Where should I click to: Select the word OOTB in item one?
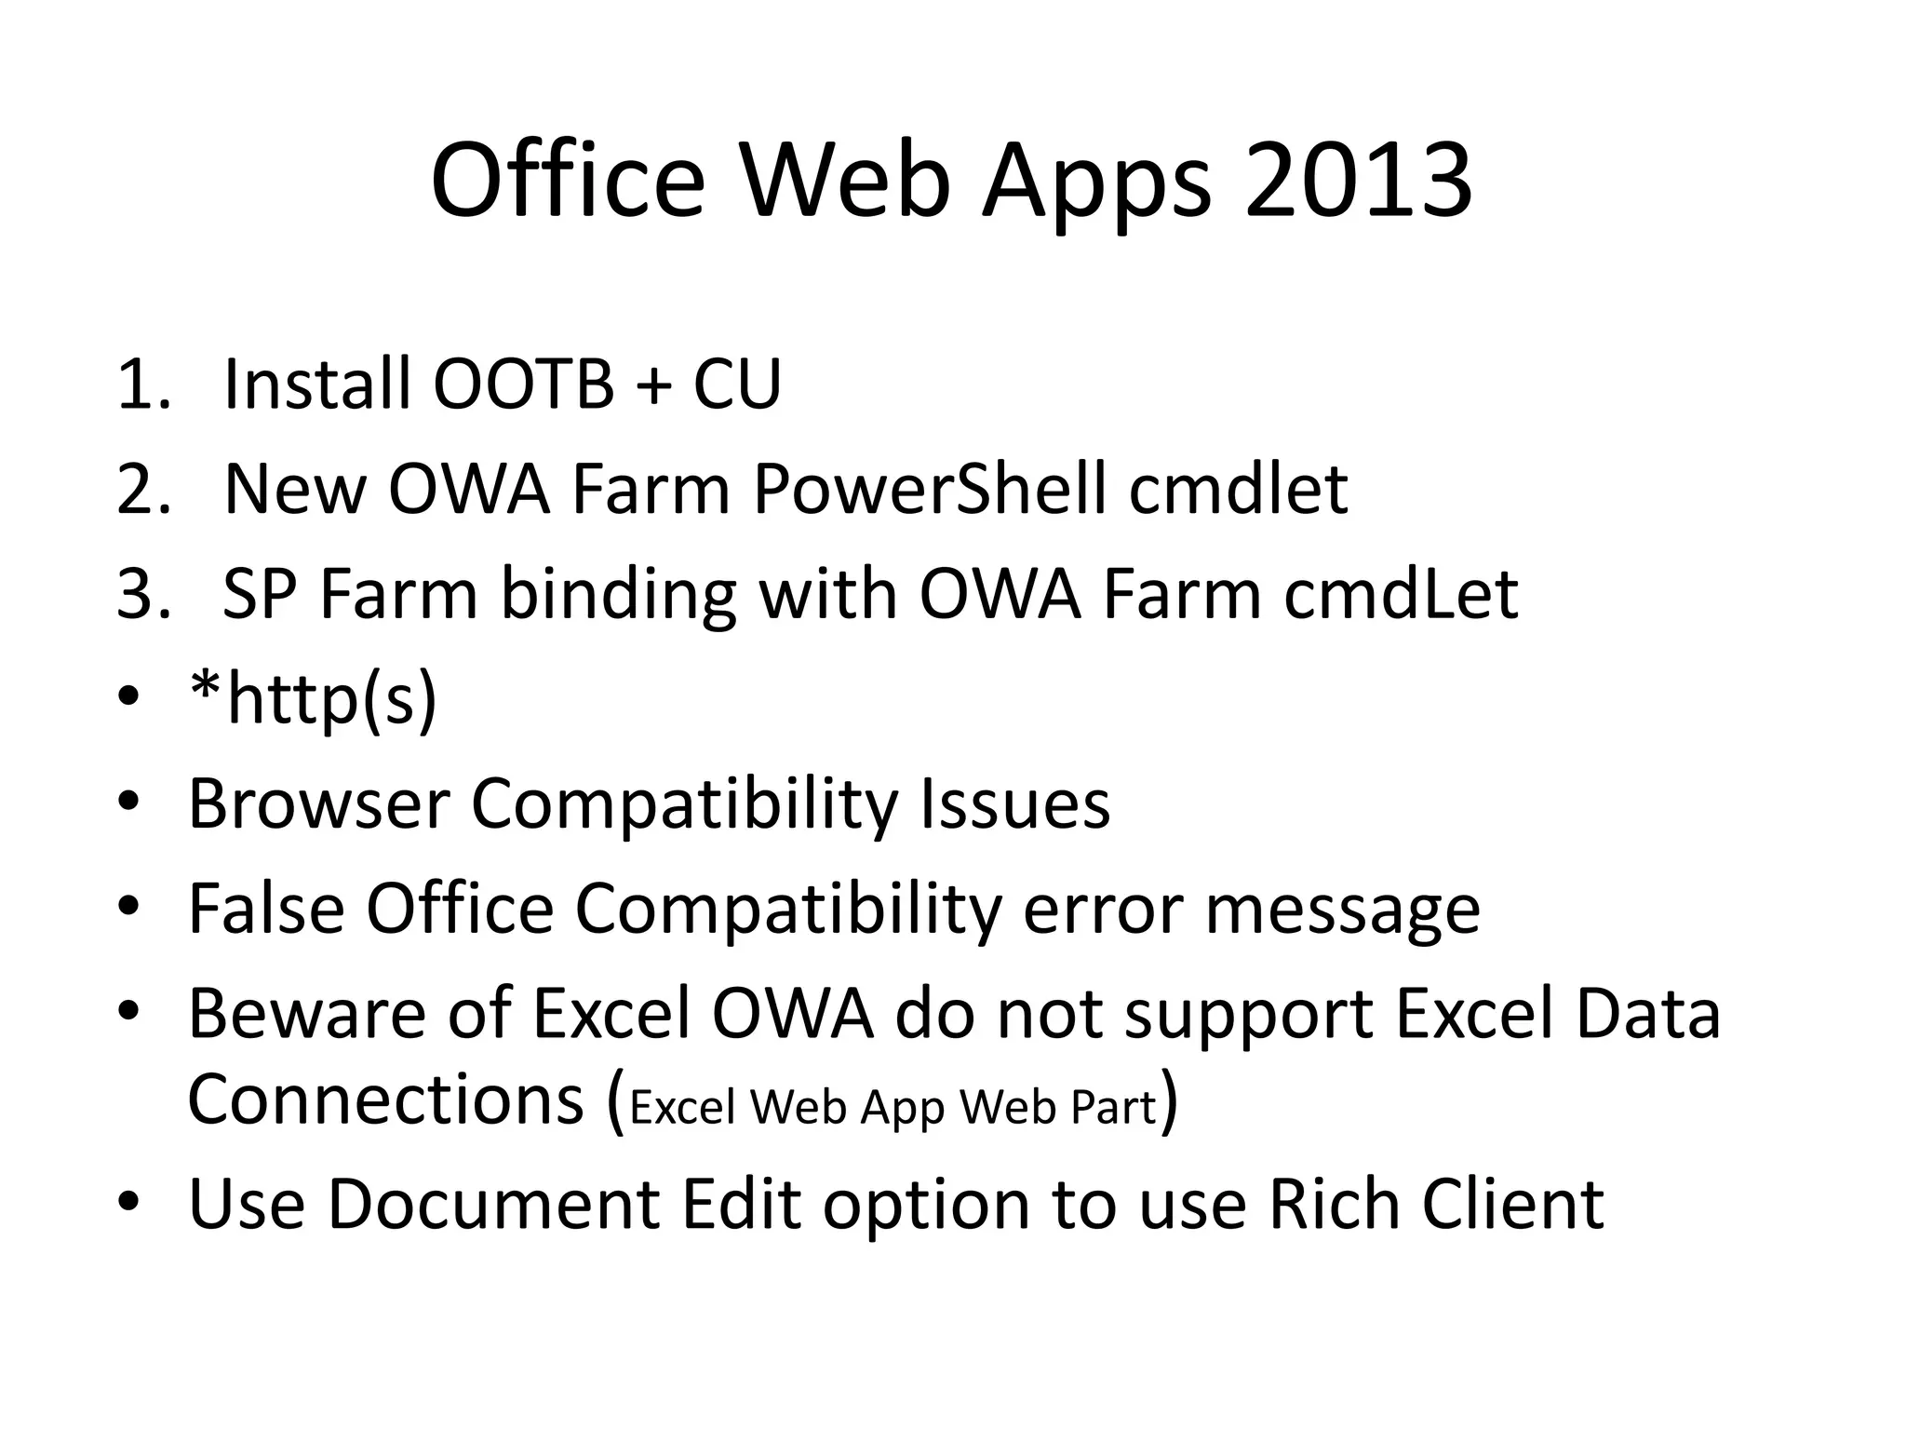pyautogui.click(x=524, y=384)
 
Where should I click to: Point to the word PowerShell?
pyautogui.click(x=930, y=489)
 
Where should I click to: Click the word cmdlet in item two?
pyautogui.click(x=1238, y=489)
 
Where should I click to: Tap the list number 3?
pyautogui.click(x=142, y=594)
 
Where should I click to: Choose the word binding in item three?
pyautogui.click(x=619, y=596)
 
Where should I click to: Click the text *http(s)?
pyautogui.click(x=312, y=700)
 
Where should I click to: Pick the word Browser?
pyautogui.click(x=318, y=803)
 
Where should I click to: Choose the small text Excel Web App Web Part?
pyautogui.click(x=893, y=1108)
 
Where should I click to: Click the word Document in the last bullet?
pyautogui.click(x=493, y=1204)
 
